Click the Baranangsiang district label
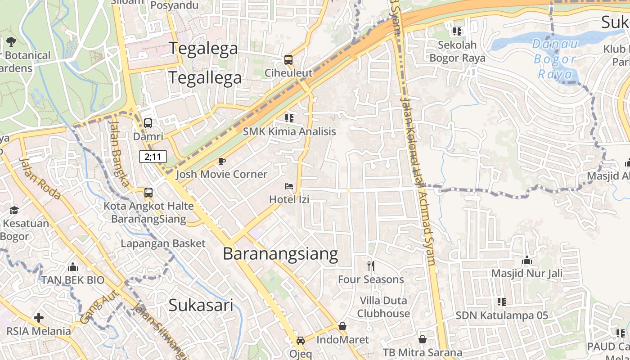click(x=280, y=254)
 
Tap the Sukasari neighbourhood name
click(x=201, y=306)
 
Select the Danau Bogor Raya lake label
click(x=554, y=59)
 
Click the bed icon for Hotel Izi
click(x=289, y=186)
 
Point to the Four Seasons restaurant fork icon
click(x=371, y=266)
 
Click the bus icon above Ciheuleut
click(x=288, y=60)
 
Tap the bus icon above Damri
click(x=148, y=123)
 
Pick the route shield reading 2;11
click(x=153, y=157)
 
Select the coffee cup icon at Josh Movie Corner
click(x=221, y=161)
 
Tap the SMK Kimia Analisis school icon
click(x=289, y=118)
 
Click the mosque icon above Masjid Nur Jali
click(x=526, y=261)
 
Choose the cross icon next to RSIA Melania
click(x=39, y=318)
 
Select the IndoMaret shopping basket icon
click(x=342, y=326)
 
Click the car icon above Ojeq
click(x=301, y=341)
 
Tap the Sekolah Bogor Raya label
click(x=457, y=51)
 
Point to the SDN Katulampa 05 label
click(x=502, y=315)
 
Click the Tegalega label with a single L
click(x=203, y=48)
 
